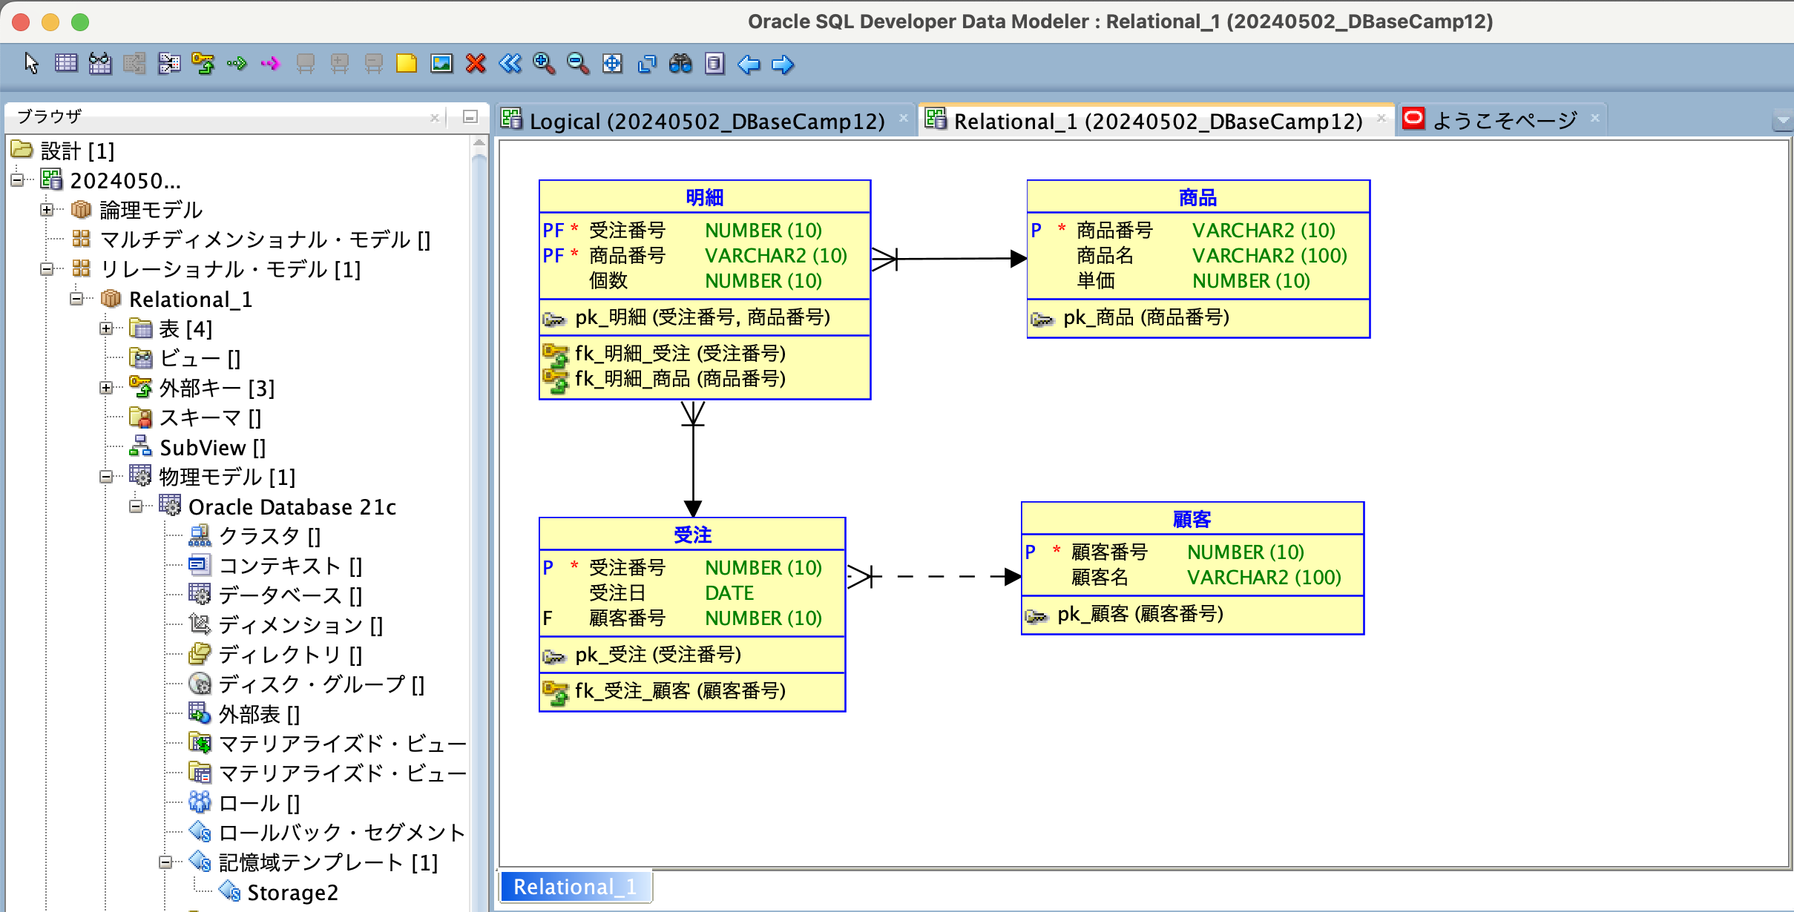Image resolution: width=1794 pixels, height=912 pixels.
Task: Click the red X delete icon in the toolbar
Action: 476,64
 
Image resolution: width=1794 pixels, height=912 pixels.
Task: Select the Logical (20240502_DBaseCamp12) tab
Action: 706,121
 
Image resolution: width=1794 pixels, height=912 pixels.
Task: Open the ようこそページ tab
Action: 1504,121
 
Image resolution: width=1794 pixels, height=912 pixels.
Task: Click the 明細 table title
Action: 704,197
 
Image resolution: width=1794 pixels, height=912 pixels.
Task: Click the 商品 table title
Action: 1197,197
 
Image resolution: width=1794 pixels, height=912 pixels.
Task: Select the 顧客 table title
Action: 1192,519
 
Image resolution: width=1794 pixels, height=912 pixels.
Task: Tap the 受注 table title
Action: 692,535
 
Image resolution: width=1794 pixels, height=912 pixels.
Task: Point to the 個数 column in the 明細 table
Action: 608,281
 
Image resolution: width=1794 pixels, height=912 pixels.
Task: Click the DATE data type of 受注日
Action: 729,593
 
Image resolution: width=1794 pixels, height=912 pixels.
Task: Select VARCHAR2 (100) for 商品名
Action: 1269,256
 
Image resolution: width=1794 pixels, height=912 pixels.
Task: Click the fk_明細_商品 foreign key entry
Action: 680,379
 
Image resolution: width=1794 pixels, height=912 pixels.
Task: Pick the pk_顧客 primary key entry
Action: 1140,614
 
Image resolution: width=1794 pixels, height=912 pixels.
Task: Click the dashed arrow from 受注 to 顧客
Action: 935,576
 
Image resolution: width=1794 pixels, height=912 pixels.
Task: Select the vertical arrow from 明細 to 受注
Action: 693,460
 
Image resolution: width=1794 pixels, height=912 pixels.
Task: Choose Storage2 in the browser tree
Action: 292,893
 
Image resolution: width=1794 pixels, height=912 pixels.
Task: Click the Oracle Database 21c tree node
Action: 292,507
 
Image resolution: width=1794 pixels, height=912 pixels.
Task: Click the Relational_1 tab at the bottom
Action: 575,887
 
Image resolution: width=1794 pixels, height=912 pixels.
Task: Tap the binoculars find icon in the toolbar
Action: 680,64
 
